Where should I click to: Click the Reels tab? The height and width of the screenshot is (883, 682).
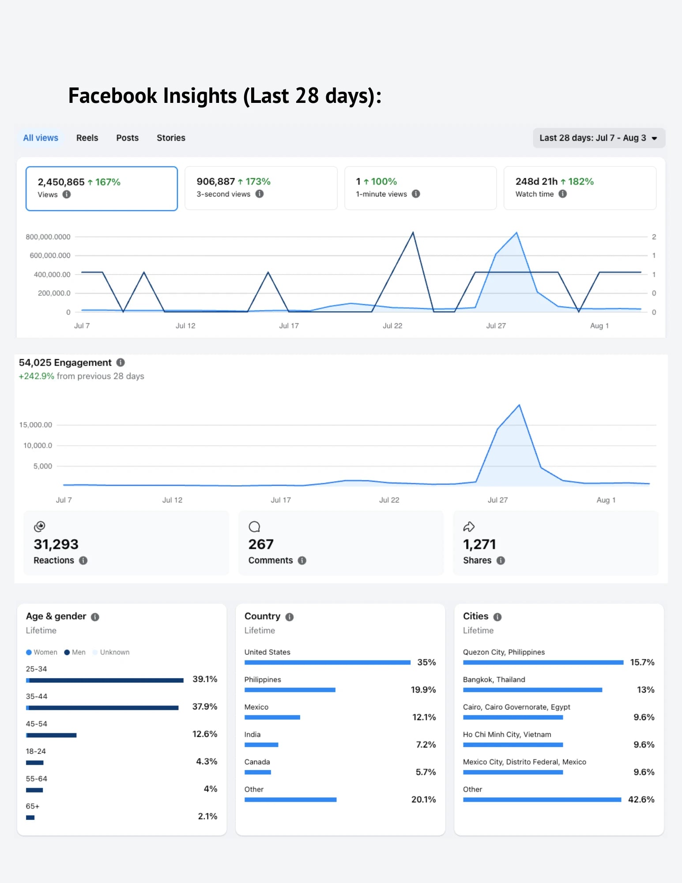[x=87, y=138]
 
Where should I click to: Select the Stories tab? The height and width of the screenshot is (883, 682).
[x=171, y=138]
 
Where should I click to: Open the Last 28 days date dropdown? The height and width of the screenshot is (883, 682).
[x=599, y=138]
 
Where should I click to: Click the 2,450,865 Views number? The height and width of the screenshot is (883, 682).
[x=61, y=182]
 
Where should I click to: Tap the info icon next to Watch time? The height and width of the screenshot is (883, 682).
[x=562, y=194]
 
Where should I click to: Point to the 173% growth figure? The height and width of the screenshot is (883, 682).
[x=258, y=181]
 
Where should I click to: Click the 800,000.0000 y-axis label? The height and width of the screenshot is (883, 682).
[x=48, y=237]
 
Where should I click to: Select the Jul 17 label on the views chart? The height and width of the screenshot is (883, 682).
[x=289, y=326]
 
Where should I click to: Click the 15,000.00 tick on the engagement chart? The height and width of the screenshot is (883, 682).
[x=35, y=425]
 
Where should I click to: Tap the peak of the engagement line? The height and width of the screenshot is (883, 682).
[x=519, y=405]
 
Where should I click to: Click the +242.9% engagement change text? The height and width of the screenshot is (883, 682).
[x=36, y=376]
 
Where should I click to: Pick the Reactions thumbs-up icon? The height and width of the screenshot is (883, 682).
[x=40, y=526]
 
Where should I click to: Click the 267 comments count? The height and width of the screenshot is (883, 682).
[x=261, y=544]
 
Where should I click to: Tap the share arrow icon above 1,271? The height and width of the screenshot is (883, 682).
[x=469, y=527]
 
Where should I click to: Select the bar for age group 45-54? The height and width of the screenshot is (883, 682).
[x=51, y=735]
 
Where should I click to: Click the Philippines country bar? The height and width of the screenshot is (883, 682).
[x=290, y=690]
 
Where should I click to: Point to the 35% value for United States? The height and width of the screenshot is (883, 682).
[x=426, y=662]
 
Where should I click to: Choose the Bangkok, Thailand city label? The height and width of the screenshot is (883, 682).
[x=494, y=679]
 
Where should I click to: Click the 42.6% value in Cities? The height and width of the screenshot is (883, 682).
[x=641, y=800]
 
